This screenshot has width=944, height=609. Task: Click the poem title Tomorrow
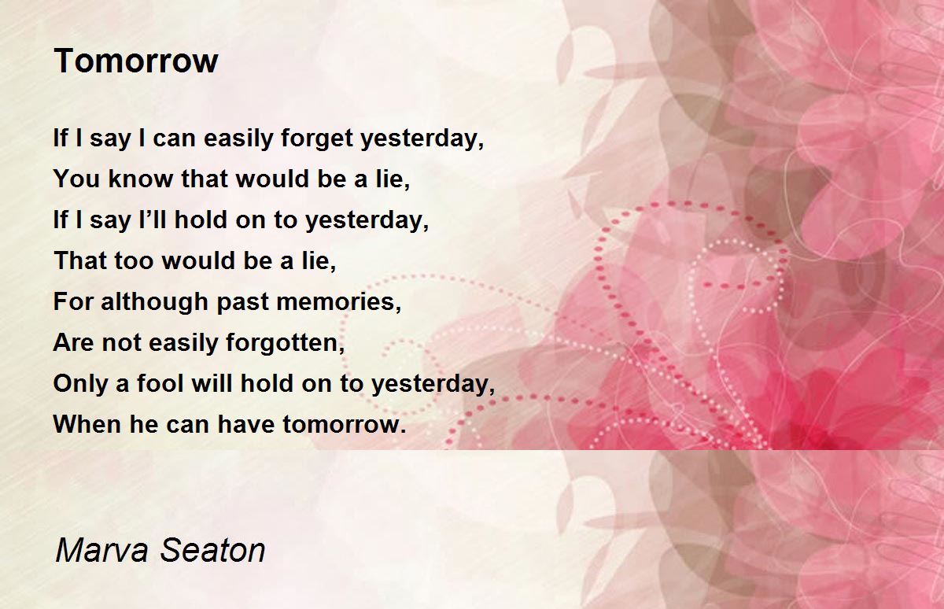[x=135, y=61]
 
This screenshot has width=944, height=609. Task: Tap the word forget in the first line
[x=317, y=138]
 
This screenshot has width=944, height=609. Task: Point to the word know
[x=141, y=179]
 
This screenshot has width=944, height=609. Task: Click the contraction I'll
[x=152, y=220]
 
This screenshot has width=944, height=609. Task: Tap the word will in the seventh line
[x=212, y=383]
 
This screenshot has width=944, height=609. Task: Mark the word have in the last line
[x=245, y=424]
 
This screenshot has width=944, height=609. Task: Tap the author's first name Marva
[x=101, y=550]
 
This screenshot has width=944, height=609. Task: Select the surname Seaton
[x=213, y=550]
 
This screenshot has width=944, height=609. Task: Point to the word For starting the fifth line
[x=72, y=302]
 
